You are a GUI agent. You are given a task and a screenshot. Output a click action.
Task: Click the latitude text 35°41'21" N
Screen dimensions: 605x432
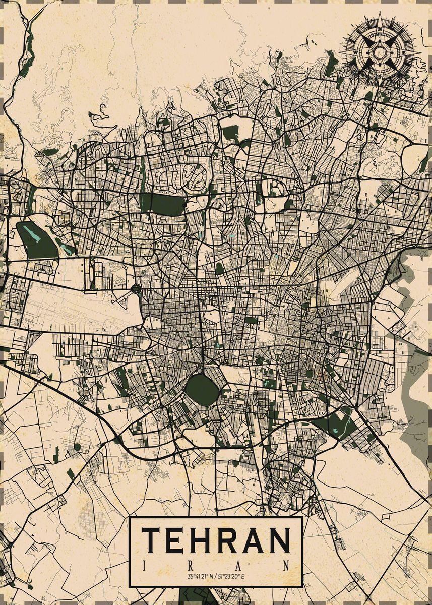pos(201,576)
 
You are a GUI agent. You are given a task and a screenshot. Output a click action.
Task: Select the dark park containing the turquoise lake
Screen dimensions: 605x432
pos(36,240)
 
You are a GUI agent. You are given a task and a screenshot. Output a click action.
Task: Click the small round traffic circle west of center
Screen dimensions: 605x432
pos(136,289)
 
